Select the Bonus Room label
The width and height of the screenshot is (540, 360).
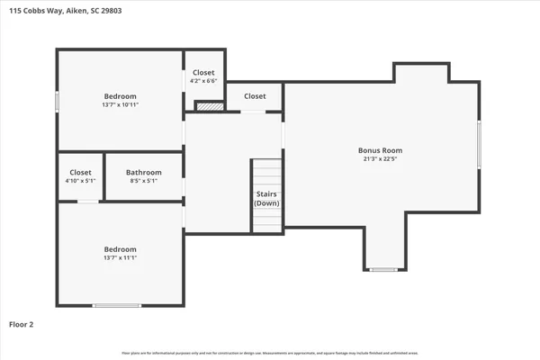(x=380, y=150)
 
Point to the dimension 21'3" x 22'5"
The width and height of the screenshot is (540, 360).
(x=380, y=160)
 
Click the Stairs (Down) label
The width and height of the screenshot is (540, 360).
(x=266, y=199)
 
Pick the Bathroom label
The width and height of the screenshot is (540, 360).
(x=143, y=172)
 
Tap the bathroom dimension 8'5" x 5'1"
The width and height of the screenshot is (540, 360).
(x=143, y=181)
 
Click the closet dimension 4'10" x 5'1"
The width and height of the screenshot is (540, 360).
(x=80, y=181)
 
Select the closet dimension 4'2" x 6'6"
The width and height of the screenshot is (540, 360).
(x=204, y=81)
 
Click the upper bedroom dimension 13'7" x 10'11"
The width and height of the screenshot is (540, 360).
(x=120, y=105)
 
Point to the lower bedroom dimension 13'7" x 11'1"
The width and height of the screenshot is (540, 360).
(x=120, y=258)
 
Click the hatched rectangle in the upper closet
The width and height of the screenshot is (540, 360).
(x=209, y=106)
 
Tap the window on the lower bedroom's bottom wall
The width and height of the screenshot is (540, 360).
(x=117, y=305)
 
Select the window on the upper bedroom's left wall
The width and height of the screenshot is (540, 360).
(x=58, y=102)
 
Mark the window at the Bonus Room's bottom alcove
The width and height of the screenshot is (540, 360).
(x=383, y=269)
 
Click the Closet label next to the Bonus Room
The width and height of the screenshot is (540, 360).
(x=255, y=96)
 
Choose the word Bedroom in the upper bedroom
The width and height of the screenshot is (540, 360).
(x=120, y=96)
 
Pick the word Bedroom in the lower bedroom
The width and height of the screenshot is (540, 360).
(x=120, y=249)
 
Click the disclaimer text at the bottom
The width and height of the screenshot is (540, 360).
(x=270, y=354)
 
